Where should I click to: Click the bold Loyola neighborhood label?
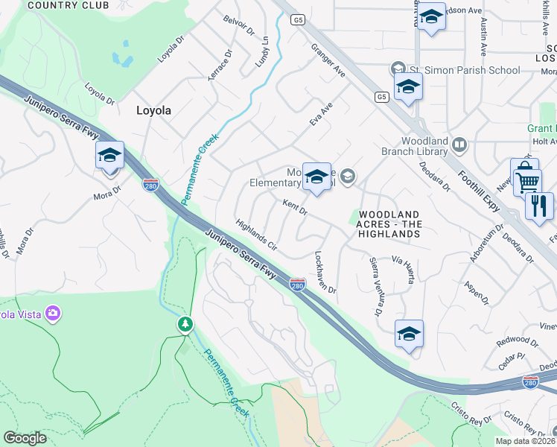pyautogui.click(x=153, y=110)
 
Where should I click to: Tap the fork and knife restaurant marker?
pyautogui.click(x=538, y=205)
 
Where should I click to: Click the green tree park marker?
pyautogui.click(x=185, y=325)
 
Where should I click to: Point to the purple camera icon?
pyautogui.click(x=52, y=313)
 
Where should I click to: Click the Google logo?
pyautogui.click(x=25, y=438)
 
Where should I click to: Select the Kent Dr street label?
pyautogui.click(x=295, y=206)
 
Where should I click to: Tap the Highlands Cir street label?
pyautogui.click(x=256, y=235)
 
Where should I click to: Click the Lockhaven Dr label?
pyautogui.click(x=325, y=271)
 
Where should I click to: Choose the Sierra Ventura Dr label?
pyautogui.click(x=376, y=286)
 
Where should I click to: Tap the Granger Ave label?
pyautogui.click(x=328, y=61)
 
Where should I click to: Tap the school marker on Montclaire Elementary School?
pyautogui.click(x=316, y=177)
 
